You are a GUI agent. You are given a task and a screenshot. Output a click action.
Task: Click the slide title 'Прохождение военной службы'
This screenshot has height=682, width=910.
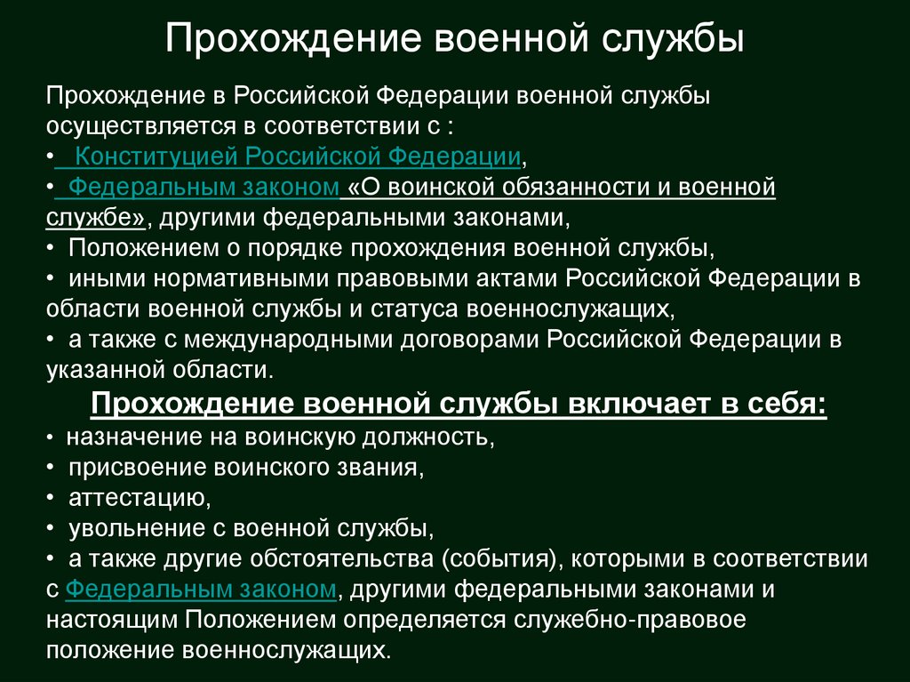[x=454, y=40]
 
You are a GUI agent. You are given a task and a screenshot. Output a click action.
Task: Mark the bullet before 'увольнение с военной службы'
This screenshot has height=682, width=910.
[x=51, y=529]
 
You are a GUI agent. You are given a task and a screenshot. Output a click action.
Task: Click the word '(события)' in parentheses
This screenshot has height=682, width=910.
[x=505, y=559]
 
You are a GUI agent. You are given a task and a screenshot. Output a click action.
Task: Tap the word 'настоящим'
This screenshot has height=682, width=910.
[x=113, y=620]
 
